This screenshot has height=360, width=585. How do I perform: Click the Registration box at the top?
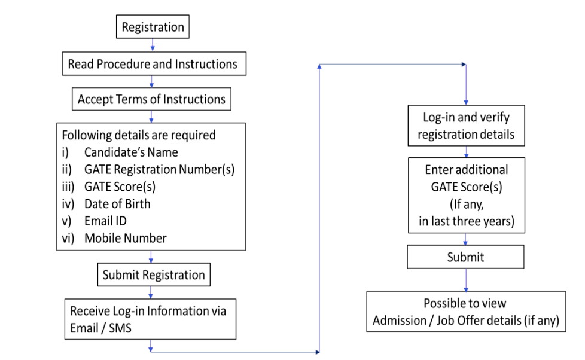(153, 27)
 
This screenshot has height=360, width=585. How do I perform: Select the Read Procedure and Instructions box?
(153, 64)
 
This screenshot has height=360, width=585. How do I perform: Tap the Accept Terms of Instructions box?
(151, 99)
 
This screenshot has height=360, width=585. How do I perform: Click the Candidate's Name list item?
(131, 152)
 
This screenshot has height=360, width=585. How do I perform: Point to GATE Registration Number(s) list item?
(159, 169)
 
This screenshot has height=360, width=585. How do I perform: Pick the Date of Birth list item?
(117, 204)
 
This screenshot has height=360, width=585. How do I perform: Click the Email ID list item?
(105, 221)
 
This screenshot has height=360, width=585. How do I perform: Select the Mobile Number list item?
(125, 238)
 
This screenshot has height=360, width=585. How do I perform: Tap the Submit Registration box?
(154, 275)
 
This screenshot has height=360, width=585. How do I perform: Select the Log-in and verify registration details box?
(466, 125)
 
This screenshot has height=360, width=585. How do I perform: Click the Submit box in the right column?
(466, 257)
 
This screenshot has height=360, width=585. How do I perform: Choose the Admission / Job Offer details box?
(466, 312)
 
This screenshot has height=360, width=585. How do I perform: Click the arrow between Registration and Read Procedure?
(153, 45)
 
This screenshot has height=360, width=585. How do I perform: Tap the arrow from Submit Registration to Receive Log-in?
(151, 292)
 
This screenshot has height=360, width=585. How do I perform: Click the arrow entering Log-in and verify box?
(466, 96)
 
